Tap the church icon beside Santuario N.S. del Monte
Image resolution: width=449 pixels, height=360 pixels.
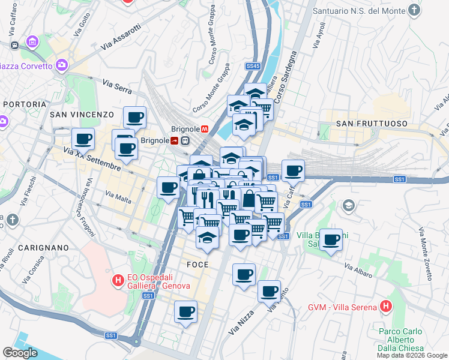(414, 10)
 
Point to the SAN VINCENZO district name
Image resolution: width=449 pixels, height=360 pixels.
(82, 114)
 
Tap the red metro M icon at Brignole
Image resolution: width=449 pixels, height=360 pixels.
(205, 128)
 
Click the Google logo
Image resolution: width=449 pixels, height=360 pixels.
(20, 353)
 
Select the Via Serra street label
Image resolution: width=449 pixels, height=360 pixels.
(117, 86)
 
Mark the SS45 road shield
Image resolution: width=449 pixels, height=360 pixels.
(253, 65)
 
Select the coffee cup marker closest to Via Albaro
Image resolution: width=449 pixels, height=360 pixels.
(331, 241)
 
